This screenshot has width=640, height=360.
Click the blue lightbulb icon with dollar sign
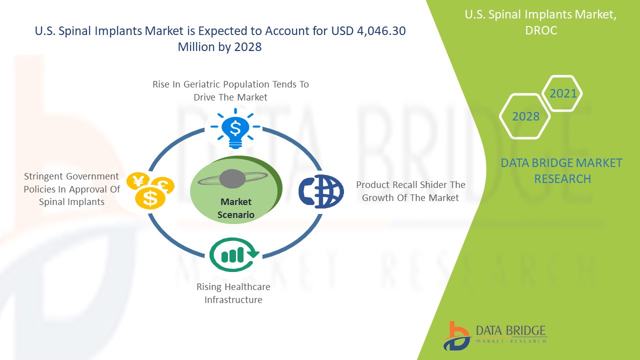(x=235, y=128)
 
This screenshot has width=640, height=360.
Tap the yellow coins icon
(x=150, y=190)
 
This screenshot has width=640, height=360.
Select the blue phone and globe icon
(x=321, y=191)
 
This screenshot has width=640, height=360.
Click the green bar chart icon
(x=233, y=254)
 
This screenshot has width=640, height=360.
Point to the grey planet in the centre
(x=232, y=179)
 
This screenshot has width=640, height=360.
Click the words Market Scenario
(x=236, y=208)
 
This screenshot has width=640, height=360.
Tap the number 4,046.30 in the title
(x=381, y=31)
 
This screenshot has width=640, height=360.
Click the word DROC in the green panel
(x=541, y=30)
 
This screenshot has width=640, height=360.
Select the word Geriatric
(x=201, y=84)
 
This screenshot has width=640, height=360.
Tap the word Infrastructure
(x=233, y=299)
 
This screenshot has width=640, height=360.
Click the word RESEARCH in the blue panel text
(x=562, y=179)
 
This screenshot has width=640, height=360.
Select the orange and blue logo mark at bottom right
(x=456, y=336)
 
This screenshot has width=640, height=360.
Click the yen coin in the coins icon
(x=138, y=180)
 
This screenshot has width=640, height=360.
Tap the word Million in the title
(x=196, y=47)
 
